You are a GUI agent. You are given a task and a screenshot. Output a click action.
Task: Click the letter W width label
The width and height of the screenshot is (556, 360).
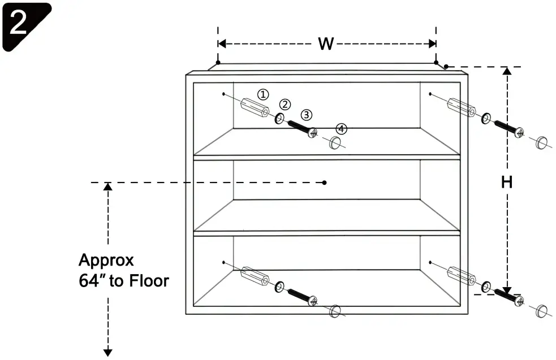(325, 44)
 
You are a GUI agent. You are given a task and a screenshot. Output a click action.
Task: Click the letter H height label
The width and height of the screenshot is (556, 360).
(507, 182)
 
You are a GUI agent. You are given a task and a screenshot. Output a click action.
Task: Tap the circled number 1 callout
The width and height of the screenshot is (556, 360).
(263, 94)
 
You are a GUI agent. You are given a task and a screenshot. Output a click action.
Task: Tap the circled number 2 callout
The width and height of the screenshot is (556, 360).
(285, 105)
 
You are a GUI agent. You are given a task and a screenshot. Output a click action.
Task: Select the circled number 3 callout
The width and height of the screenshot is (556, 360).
(306, 115)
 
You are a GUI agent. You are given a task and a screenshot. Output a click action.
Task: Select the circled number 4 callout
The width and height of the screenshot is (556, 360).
(341, 129)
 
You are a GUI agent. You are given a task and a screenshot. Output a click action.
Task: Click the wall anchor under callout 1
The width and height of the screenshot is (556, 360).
(253, 109)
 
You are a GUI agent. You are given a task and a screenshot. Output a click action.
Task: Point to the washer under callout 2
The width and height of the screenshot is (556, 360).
(279, 119)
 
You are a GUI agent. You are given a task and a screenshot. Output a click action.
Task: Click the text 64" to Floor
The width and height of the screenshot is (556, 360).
(124, 280)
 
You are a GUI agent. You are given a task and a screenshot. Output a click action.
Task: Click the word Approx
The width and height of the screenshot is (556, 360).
(106, 261)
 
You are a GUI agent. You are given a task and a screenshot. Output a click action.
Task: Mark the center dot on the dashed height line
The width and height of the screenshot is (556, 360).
(324, 182)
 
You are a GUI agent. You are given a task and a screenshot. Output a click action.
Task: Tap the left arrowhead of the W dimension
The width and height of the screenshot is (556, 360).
(222, 44)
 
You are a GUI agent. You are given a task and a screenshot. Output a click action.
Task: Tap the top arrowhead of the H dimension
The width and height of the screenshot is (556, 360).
(507, 71)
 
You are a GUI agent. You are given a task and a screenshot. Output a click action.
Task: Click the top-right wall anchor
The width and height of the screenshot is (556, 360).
(460, 108)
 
